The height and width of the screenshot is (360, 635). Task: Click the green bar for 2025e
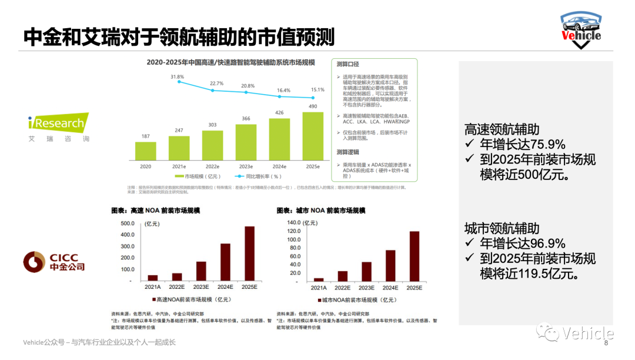click(313, 135)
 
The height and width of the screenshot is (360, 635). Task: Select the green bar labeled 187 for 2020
click(146, 151)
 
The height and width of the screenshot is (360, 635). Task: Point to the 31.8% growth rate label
click(177, 77)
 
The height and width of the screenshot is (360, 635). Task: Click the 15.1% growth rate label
click(317, 90)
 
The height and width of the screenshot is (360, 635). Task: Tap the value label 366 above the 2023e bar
click(246, 119)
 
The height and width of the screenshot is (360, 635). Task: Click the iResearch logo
click(56, 124)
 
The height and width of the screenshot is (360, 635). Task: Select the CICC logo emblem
click(34, 262)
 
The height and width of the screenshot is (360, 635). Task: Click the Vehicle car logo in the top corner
click(581, 29)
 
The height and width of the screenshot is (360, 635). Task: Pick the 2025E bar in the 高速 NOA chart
click(250, 253)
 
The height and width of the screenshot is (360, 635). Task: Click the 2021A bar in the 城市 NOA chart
click(319, 279)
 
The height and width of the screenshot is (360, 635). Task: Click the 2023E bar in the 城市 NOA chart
click(367, 271)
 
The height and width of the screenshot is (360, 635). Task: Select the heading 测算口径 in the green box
click(347, 64)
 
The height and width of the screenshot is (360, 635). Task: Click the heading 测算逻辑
click(347, 152)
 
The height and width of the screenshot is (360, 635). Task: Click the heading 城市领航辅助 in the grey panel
click(502, 229)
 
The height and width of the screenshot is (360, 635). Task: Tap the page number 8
click(606, 343)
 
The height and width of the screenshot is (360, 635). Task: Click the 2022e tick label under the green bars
click(212, 166)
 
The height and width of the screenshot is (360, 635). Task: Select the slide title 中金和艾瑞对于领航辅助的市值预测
click(179, 36)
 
